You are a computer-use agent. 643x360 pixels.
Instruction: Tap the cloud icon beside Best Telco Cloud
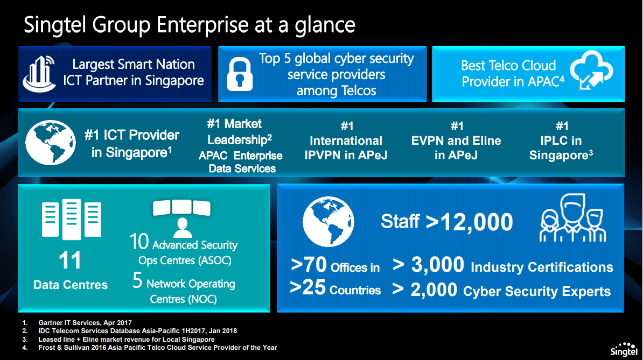click(591, 70)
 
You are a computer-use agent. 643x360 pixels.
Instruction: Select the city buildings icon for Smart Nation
click(39, 74)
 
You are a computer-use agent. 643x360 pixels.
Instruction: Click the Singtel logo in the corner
click(624, 349)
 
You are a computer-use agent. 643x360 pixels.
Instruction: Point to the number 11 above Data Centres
click(69, 260)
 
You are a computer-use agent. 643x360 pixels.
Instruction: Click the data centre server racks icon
click(71, 218)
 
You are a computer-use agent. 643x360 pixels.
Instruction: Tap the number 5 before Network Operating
click(137, 280)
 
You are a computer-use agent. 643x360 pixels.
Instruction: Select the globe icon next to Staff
click(328, 222)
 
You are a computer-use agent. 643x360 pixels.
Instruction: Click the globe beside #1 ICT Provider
click(51, 143)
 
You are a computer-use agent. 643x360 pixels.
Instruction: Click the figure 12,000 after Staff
click(477, 222)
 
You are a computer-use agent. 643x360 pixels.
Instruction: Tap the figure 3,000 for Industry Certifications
click(437, 265)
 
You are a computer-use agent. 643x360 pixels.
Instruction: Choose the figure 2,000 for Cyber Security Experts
click(434, 290)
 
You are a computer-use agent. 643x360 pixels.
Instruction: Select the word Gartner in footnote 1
click(51, 323)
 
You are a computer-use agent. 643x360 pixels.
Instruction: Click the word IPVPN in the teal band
click(327, 155)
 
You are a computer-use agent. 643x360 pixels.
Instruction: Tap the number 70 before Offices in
click(315, 265)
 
